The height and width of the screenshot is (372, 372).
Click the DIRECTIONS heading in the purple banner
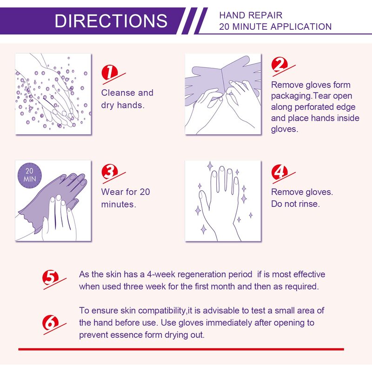coord(111,21)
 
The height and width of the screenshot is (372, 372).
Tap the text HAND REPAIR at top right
coord(251,15)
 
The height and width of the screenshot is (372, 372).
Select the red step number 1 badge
coord(109,72)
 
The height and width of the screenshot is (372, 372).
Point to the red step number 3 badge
coord(109,172)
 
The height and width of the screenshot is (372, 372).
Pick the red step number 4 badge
coord(279,172)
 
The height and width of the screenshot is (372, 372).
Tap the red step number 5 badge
coord(51,278)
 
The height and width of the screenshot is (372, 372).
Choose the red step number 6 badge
coord(51,322)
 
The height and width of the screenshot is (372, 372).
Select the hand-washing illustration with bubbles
coord(53,94)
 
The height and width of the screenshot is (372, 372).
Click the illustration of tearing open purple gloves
coord(223,94)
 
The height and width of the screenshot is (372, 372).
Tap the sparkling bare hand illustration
coord(223,201)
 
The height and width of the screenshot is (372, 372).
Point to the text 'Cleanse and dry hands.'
coord(127,99)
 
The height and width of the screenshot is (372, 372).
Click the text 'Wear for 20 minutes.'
coord(126,198)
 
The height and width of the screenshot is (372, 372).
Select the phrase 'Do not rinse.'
coord(295,204)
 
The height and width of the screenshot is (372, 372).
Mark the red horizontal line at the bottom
coord(181,349)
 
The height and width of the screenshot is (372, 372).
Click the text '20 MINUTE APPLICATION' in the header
coord(275,27)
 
